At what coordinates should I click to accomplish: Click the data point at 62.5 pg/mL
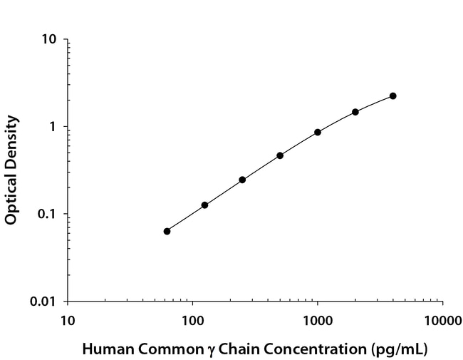coord(167,231)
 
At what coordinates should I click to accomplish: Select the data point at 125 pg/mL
coord(204,205)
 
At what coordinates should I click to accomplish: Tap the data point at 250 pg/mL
coord(242,180)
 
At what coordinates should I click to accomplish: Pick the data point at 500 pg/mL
coord(280,155)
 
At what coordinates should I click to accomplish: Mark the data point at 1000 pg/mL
coord(318,132)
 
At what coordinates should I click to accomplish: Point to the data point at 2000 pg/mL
coord(355,112)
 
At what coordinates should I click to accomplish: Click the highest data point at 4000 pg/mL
coord(392,96)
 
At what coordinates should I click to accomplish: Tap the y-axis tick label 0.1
coord(49,214)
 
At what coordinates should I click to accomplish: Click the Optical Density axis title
coord(11,170)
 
